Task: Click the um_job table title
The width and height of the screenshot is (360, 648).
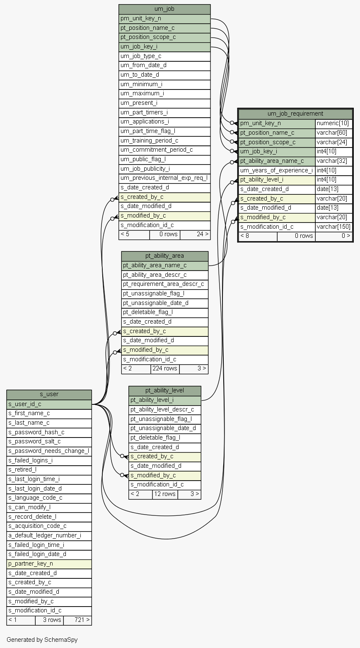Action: click(164, 9)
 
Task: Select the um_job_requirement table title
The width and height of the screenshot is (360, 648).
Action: click(295, 114)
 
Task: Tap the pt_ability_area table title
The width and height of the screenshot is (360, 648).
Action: click(164, 256)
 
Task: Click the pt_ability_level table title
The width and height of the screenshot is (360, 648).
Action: click(164, 391)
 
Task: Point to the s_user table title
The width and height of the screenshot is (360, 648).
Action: click(49, 394)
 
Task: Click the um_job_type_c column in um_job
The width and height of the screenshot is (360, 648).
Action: click(164, 56)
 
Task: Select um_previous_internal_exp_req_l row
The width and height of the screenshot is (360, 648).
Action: click(164, 178)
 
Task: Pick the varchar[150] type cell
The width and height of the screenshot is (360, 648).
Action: click(333, 227)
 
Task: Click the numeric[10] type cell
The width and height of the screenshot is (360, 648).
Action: click(333, 123)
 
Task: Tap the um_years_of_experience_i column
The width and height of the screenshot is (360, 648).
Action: click(277, 171)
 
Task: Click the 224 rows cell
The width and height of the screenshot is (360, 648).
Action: click(165, 369)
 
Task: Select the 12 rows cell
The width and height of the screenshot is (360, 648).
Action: click(165, 494)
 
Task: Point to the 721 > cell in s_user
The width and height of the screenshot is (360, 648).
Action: click(77, 620)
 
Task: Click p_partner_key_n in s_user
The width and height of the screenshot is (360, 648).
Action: click(49, 564)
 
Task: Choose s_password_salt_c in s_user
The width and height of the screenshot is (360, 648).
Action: click(49, 442)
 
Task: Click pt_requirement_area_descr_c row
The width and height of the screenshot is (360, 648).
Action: click(165, 284)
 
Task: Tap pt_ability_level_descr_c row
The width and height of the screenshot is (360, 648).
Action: click(165, 410)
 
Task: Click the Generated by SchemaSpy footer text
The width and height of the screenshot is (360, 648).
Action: click(42, 640)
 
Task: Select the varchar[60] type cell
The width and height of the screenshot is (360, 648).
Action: click(333, 133)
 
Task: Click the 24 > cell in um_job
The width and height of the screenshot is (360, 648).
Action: click(195, 235)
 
